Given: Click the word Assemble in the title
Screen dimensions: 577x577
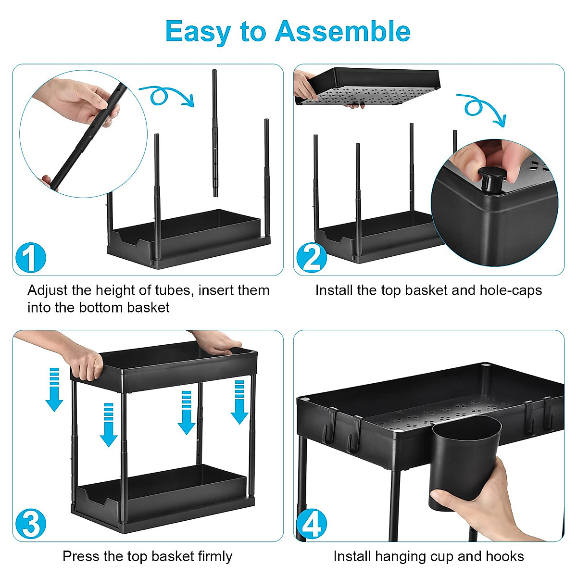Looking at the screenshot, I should coord(343,32).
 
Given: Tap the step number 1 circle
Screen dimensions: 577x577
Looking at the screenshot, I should coord(30,258).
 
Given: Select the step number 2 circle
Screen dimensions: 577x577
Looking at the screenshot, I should coord(311,258).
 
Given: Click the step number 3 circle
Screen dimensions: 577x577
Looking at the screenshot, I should coord(30,524).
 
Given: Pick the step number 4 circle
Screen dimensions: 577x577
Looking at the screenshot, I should coord(311,524).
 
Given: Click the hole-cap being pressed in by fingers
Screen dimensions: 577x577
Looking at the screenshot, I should coord(491,177).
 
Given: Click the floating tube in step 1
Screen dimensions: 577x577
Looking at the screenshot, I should coord(215,132).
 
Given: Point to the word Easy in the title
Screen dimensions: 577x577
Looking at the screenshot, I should coord(198,32).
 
